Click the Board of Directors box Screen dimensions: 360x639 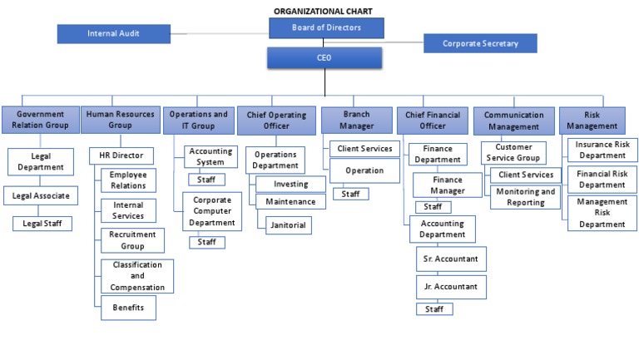326,27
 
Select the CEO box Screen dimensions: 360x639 324,58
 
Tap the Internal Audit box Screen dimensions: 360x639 113,34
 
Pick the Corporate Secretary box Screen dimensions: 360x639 480,43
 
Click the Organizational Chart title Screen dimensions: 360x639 323,11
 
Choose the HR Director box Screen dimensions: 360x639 121,155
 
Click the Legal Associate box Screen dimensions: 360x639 42,196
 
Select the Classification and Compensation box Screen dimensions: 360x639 137,276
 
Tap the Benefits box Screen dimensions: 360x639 128,308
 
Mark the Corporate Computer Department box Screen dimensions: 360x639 212,211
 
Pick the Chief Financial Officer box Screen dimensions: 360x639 433,121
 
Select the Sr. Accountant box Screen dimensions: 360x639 451,259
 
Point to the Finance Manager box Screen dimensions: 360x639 448,185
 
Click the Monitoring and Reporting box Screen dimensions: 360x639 525,197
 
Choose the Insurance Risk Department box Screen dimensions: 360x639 602,150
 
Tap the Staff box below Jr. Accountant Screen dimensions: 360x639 434,308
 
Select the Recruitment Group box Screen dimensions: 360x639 132,240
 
